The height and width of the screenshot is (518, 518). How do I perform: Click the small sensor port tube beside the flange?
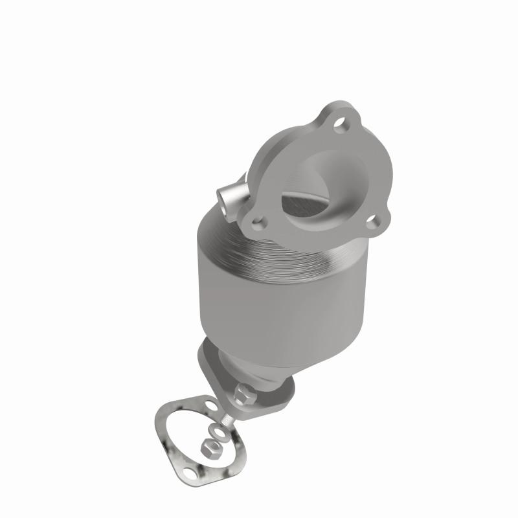pyautogui.click(x=230, y=195)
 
